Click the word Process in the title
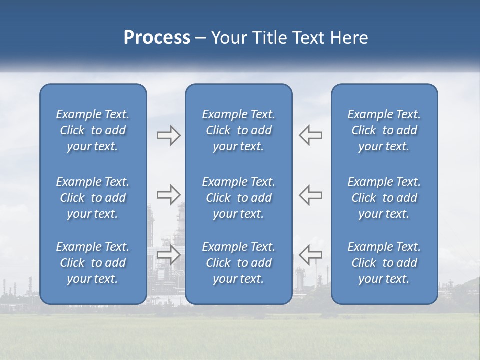[x=157, y=38]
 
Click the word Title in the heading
[x=270, y=38]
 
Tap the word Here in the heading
[x=350, y=38]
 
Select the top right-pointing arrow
[x=168, y=135]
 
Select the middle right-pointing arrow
[x=168, y=195]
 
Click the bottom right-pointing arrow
[x=168, y=254]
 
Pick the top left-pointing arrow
[x=310, y=135]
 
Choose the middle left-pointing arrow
[x=310, y=195]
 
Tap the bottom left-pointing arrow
[x=310, y=254]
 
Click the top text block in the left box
[x=93, y=130]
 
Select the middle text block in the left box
[x=93, y=198]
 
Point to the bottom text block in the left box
[x=93, y=263]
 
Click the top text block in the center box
[x=238, y=130]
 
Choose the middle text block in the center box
[x=238, y=198]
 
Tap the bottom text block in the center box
[x=238, y=263]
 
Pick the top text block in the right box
[x=384, y=130]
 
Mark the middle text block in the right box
[x=384, y=198]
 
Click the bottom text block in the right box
[x=384, y=263]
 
